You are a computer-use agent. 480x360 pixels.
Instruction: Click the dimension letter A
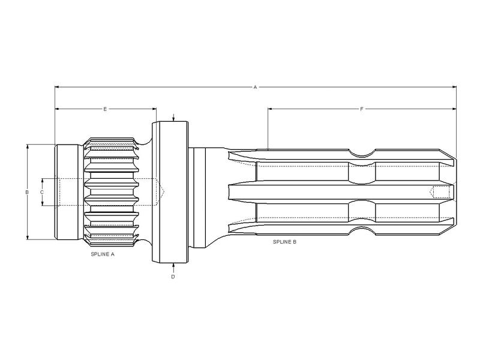pos(255,88)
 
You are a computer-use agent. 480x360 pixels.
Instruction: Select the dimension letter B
pos(27,192)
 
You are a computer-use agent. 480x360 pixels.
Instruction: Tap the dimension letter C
pos(41,192)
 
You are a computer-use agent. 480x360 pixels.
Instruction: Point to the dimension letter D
pos(173,277)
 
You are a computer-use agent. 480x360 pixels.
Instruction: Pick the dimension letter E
pos(105,109)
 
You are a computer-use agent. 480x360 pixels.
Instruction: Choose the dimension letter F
pos(361,109)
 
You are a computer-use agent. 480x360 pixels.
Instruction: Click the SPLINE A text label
pos(102,254)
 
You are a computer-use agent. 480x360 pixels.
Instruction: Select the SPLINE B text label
pos(284,242)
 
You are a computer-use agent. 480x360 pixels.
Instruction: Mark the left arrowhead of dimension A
pos(57,88)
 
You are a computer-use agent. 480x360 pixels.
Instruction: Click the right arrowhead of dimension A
pos(454,88)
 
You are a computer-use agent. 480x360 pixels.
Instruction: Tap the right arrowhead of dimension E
pos(154,109)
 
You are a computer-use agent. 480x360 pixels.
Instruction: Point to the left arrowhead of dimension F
pos(270,109)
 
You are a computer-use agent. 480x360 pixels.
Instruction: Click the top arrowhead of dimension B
pos(27,146)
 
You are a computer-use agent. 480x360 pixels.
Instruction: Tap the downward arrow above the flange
pos(173,119)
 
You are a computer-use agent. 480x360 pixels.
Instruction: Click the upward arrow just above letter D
pos(173,265)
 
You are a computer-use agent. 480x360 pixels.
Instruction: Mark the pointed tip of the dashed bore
pos(163,192)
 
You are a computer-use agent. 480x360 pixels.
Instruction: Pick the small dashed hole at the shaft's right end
pos(441,192)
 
